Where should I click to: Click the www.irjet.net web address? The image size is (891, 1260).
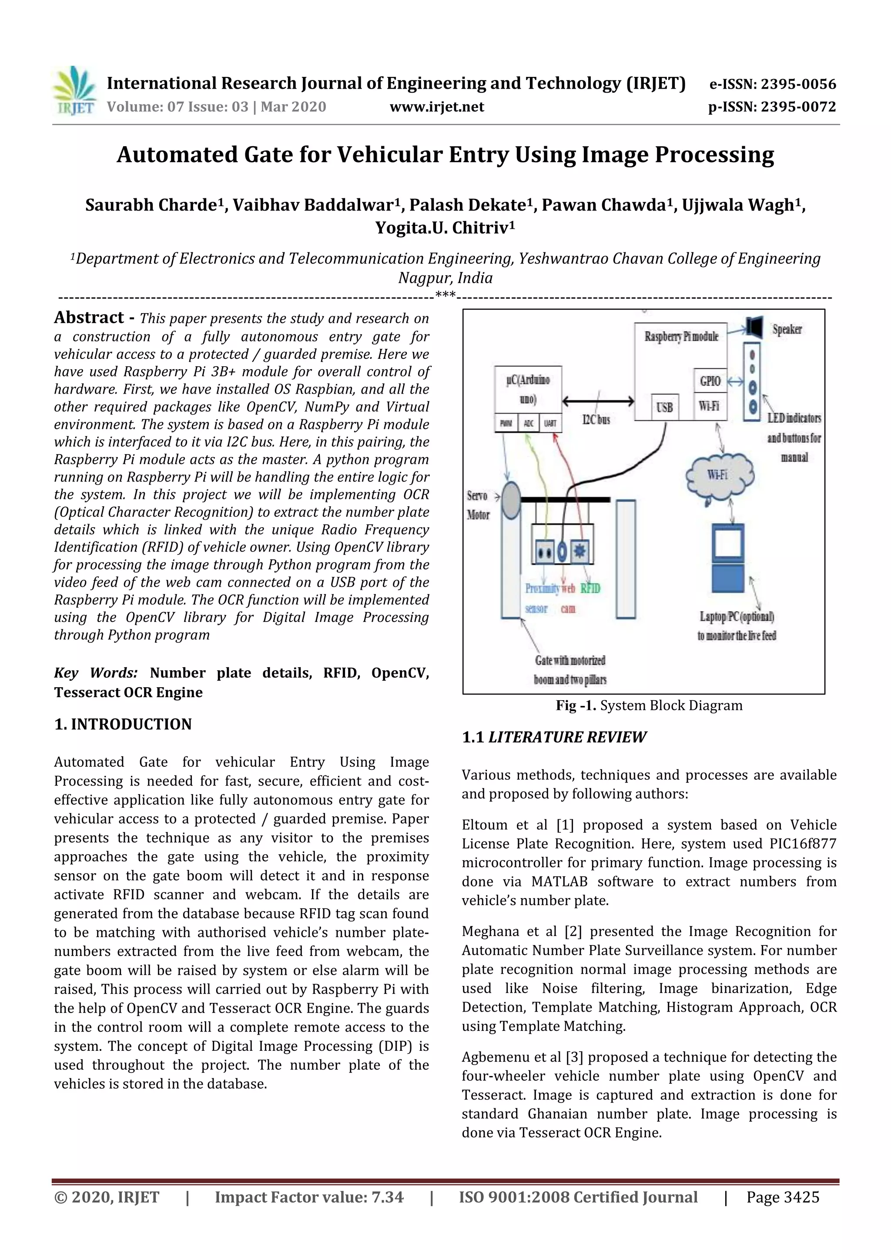436,107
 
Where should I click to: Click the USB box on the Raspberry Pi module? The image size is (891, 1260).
664,407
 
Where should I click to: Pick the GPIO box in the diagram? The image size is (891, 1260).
710,381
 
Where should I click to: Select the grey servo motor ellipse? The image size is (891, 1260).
511,500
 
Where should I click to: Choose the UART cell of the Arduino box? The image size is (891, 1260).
550,423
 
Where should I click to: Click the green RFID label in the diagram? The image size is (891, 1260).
590,588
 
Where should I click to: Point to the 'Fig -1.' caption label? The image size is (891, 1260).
575,706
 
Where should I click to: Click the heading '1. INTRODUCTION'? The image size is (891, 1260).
123,725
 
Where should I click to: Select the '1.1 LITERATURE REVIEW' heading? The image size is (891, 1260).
554,737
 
